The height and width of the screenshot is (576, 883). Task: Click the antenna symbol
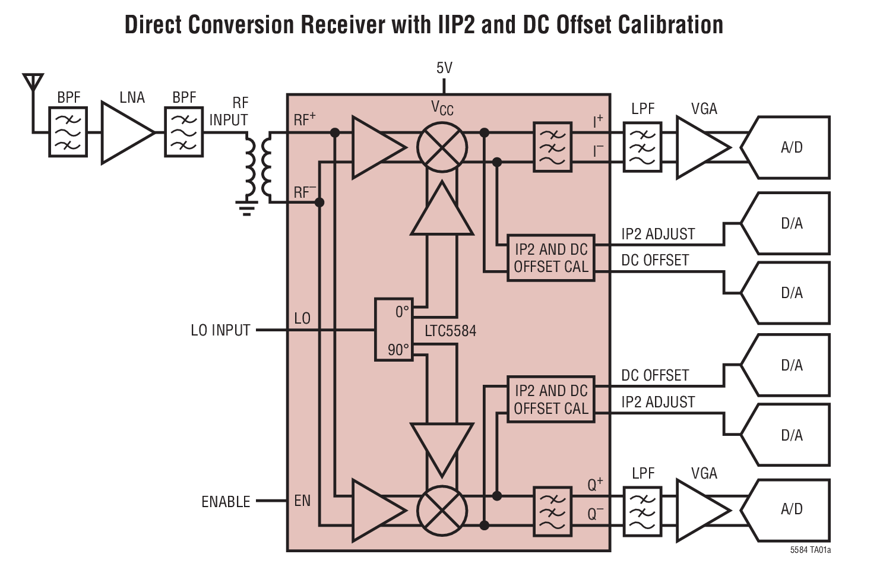[x=33, y=83]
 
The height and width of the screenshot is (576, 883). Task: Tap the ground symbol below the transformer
[x=246, y=208]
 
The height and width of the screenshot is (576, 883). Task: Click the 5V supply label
[x=444, y=68]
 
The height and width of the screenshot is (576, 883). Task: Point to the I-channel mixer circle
[x=442, y=147]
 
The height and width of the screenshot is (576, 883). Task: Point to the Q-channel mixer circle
[x=442, y=511]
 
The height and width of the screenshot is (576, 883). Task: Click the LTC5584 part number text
[x=450, y=331]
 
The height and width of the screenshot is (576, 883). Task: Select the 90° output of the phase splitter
[x=398, y=350]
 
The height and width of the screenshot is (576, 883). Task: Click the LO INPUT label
[x=220, y=330]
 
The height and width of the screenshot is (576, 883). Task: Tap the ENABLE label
[x=226, y=502]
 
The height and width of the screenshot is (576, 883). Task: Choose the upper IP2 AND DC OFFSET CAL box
[x=550, y=258]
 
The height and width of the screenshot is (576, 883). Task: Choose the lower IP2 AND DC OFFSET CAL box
[x=550, y=400]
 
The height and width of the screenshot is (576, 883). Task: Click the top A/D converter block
[x=790, y=147]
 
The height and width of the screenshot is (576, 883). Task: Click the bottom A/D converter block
[x=790, y=509]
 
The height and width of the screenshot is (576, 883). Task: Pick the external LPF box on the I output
[x=642, y=147]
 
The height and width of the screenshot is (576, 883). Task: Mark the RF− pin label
[x=305, y=192]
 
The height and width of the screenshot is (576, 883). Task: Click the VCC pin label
[x=442, y=108]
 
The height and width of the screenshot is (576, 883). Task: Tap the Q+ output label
[x=595, y=485]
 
